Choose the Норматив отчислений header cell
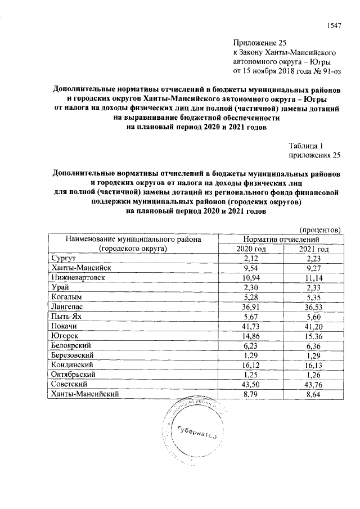282,239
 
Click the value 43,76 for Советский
314,386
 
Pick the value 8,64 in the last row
314,396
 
